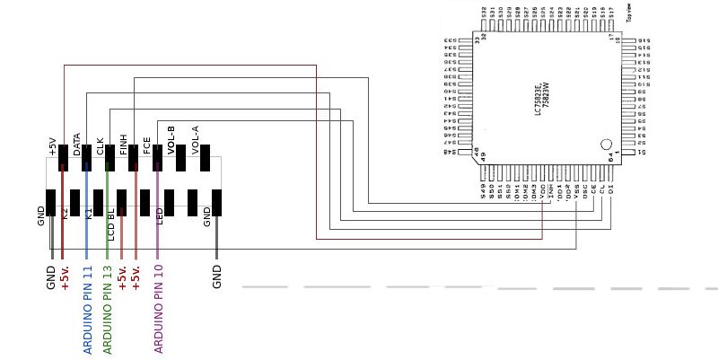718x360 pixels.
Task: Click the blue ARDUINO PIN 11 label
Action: click(x=88, y=310)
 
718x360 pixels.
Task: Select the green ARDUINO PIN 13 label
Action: click(x=107, y=310)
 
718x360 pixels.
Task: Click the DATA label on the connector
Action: click(x=77, y=145)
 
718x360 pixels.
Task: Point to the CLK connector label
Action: click(x=100, y=146)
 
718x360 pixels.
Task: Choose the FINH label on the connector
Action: click(x=123, y=145)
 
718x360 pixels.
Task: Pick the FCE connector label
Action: click(x=146, y=147)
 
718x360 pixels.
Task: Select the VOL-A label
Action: click(x=195, y=140)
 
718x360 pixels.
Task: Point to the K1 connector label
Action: click(x=88, y=214)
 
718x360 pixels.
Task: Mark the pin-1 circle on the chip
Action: click(x=606, y=145)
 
